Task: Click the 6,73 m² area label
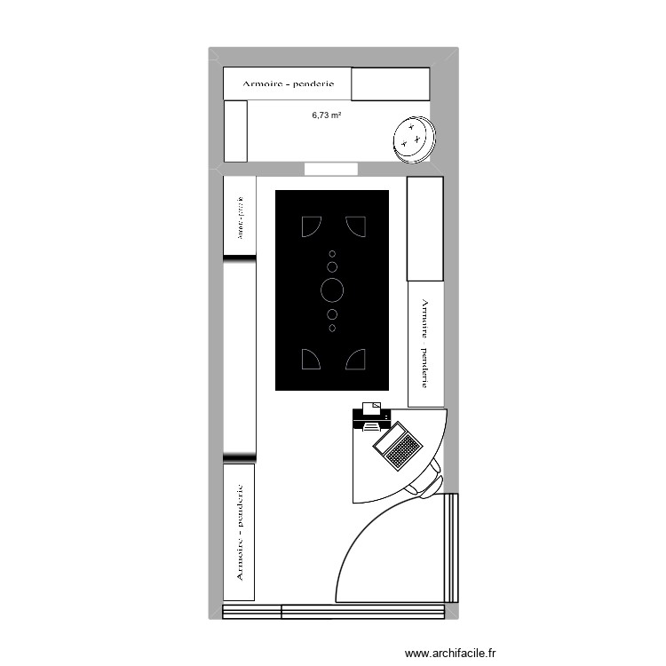[327, 115]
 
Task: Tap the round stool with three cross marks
[413, 139]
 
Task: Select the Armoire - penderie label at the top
[288, 84]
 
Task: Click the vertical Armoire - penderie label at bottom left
[239, 532]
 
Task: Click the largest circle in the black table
[332, 289]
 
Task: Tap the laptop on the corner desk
[398, 445]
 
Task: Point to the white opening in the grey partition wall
[330, 169]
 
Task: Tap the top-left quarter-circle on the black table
[311, 227]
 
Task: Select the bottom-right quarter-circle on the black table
[356, 359]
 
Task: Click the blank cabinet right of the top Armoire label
[391, 84]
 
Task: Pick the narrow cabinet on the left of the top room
[234, 131]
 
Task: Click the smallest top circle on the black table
[332, 254]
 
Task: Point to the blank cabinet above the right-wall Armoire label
[424, 228]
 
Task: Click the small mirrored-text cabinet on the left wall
[239, 217]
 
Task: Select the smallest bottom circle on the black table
[332, 328]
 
